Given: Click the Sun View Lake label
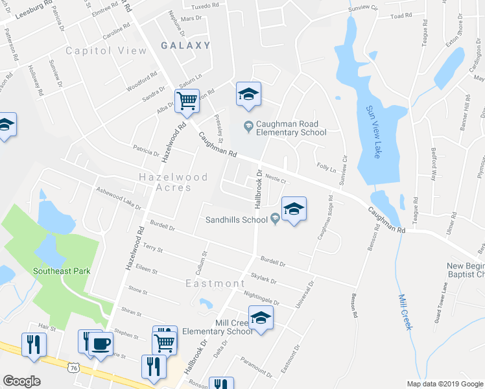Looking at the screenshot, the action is click(373, 132).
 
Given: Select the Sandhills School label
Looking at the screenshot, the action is click(237, 220).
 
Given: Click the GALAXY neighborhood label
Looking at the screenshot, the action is click(185, 45).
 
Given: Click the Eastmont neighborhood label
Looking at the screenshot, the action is click(215, 283).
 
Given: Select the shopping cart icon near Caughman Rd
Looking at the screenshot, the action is click(187, 101).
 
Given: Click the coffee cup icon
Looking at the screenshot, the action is click(101, 342).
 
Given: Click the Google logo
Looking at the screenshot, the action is click(21, 381).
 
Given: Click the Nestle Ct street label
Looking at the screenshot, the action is click(276, 176).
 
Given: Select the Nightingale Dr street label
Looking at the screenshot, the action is click(261, 299).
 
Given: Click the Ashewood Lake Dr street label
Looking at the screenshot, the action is click(119, 198).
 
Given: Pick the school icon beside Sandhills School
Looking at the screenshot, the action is click(294, 208).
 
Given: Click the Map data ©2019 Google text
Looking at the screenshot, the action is click(444, 384).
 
